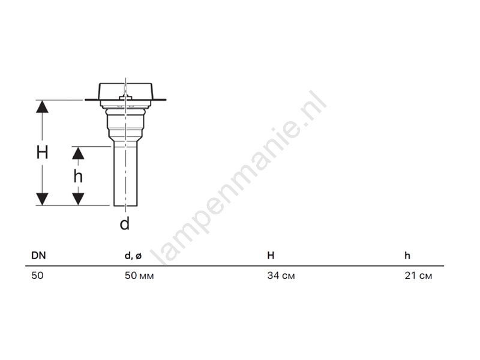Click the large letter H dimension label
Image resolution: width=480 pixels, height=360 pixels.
pos(42,152)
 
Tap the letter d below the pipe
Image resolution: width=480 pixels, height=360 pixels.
pos(125,223)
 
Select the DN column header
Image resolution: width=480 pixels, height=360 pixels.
pos(38,256)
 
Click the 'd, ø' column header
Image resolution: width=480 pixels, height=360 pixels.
pos(133,256)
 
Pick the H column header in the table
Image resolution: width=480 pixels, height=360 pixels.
pos(271,256)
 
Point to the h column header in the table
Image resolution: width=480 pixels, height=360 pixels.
pos(407,256)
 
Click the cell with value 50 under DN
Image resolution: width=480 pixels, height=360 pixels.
pos(37,275)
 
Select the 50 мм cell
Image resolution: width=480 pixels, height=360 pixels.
pos(139,275)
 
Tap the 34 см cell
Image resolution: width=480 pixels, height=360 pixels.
pos(281,275)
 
